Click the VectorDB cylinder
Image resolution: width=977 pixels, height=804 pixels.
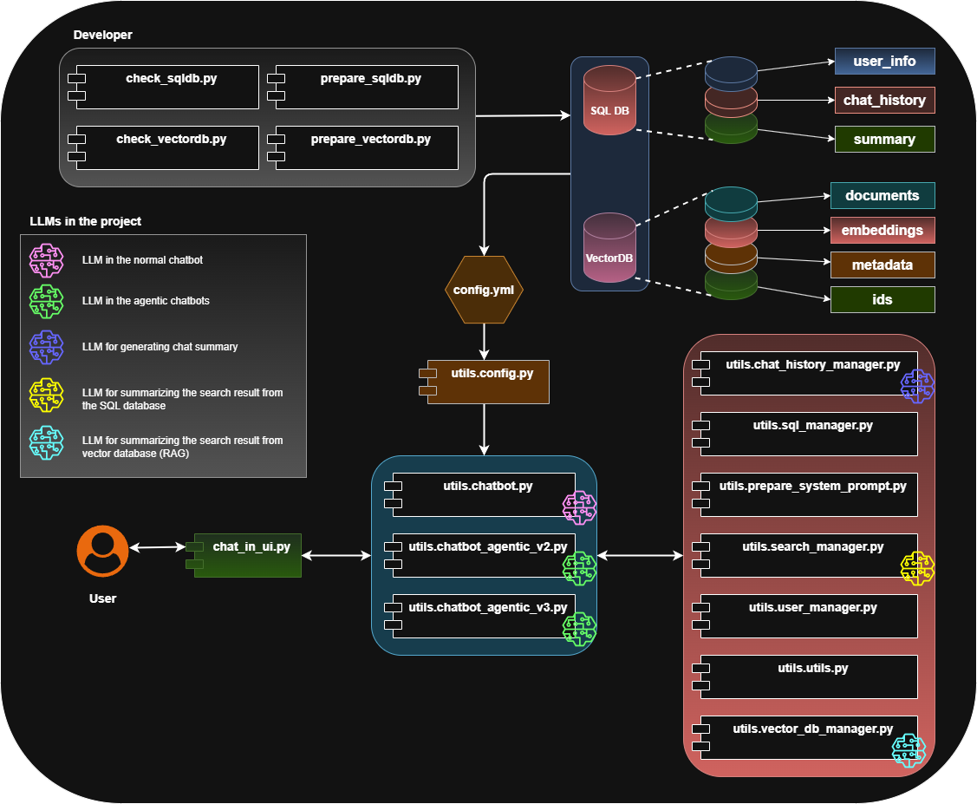point(609,247)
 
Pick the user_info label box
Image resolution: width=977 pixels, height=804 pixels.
point(884,62)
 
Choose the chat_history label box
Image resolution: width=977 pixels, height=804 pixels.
point(884,101)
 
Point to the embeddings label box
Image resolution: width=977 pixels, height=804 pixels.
point(883,231)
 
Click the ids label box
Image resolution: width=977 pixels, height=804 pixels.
point(883,300)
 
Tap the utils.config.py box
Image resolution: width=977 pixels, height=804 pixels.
point(488,382)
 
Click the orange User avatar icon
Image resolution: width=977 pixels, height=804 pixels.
point(102,551)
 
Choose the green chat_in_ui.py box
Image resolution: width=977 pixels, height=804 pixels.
point(247,555)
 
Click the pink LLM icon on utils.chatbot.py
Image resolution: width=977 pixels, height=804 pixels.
point(580,507)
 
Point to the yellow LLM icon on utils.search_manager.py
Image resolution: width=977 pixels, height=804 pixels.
point(918,568)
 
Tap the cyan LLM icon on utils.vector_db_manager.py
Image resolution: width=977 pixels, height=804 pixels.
point(909,750)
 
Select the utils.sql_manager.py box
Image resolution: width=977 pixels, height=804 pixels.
point(808,434)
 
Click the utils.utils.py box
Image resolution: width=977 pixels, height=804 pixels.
point(808,677)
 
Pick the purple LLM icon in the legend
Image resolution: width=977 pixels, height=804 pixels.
point(47,346)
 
